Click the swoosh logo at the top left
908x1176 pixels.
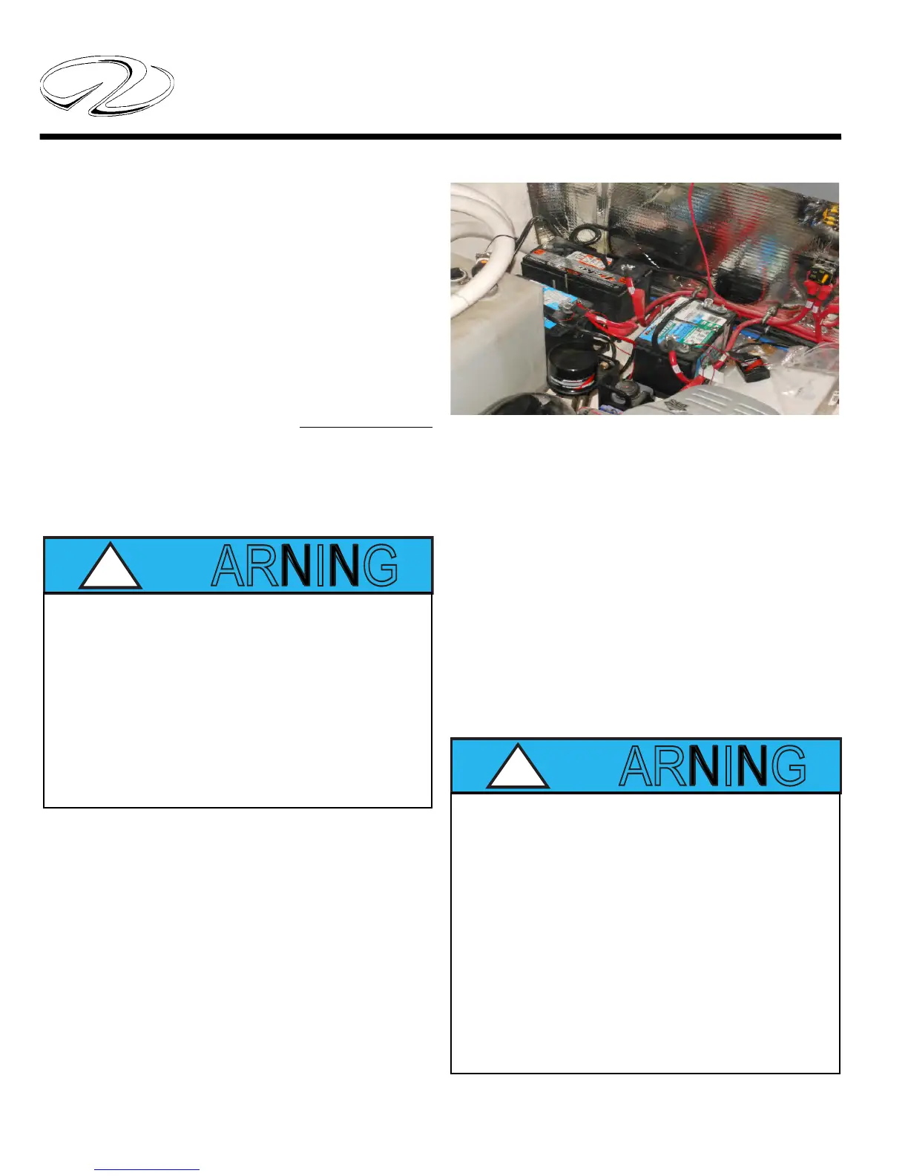pyautogui.click(x=106, y=86)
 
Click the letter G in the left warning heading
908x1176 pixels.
pyautogui.click(x=381, y=566)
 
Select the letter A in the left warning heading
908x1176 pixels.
pyautogui.click(x=227, y=566)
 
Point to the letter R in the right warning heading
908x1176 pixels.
pyautogui.click(x=667, y=766)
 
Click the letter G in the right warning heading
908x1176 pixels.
pyautogui.click(x=789, y=766)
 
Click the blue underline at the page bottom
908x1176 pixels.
pyautogui.click(x=147, y=1170)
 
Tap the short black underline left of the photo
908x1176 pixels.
pyautogui.click(x=366, y=428)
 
